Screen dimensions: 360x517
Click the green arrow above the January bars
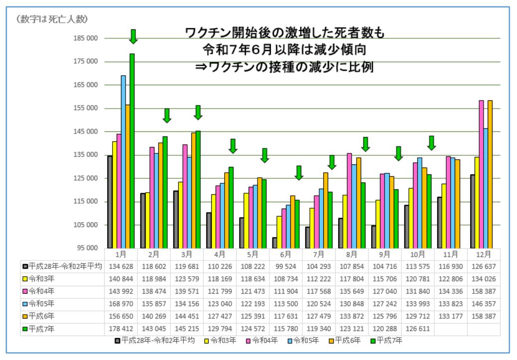pos(133,36)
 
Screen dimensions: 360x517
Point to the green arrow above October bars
pos(432,142)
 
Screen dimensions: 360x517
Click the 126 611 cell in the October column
pos(418,329)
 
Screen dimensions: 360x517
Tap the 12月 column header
pos(484,254)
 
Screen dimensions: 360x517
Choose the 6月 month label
pos(286,254)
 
